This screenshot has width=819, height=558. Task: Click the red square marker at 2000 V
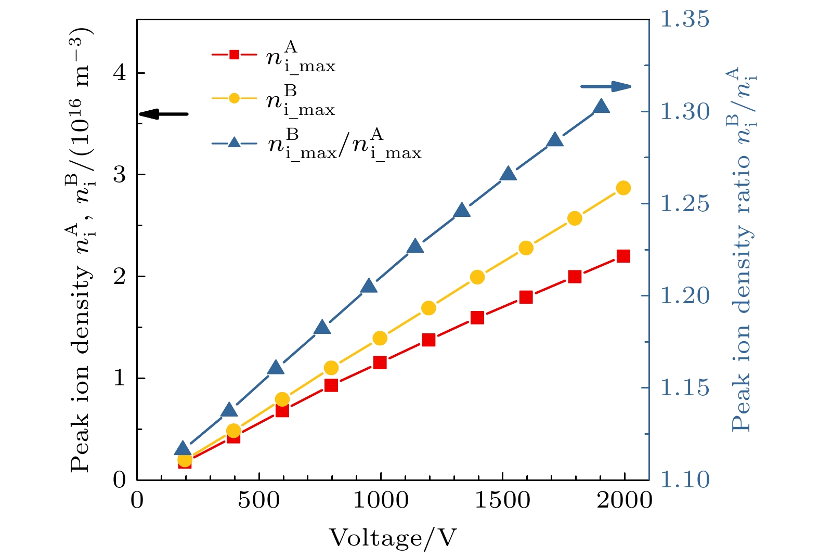point(623,256)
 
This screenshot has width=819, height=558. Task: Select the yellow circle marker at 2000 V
point(623,188)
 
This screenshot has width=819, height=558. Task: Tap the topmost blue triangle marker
point(602,106)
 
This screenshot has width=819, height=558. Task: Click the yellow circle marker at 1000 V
point(380,338)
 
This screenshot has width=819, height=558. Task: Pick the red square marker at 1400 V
point(477,317)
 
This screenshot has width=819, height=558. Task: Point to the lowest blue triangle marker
point(182,449)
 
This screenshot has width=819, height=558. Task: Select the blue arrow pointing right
point(606,86)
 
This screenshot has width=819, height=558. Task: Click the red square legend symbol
point(235,54)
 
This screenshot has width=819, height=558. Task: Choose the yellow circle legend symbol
point(235,98)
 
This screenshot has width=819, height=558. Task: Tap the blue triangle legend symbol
point(235,142)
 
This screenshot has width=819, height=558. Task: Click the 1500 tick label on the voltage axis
point(502,500)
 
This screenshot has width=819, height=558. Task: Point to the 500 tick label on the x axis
point(258,500)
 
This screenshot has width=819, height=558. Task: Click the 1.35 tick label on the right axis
point(684,19)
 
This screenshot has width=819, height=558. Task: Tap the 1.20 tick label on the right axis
point(684,295)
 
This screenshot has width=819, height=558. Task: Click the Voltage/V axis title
point(393,538)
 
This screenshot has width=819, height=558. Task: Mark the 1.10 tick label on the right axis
point(684,479)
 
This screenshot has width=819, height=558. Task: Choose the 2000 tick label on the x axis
point(624,500)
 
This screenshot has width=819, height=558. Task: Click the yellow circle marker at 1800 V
point(575,218)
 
